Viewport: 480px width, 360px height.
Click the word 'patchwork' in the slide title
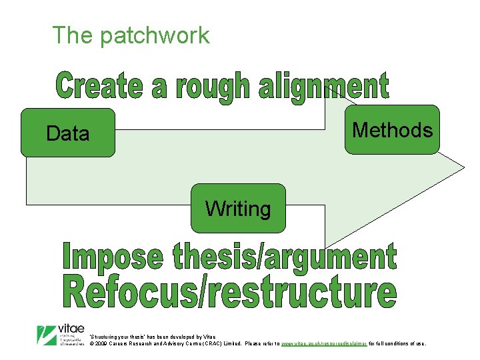[154, 35]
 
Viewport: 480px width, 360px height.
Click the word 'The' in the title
[73, 35]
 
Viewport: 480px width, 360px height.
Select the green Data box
[68, 133]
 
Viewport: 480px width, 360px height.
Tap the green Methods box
[392, 129]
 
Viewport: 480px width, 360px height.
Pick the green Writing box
[238, 209]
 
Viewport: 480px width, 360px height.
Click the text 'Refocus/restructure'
[229, 294]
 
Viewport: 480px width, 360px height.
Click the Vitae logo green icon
[46, 334]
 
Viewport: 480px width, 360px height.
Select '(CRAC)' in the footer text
[211, 344]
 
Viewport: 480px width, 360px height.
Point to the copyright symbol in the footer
[91, 344]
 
